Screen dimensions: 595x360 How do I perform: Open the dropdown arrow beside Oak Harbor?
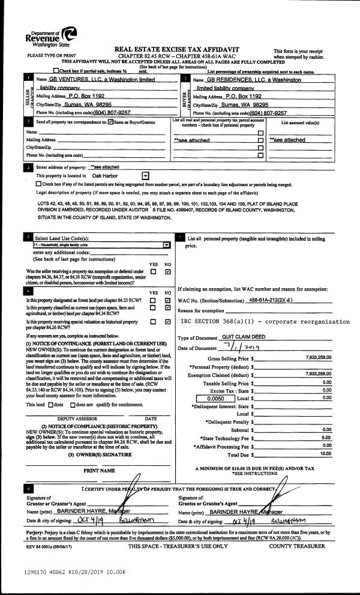point(146,175)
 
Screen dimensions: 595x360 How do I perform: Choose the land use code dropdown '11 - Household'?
point(101,245)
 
